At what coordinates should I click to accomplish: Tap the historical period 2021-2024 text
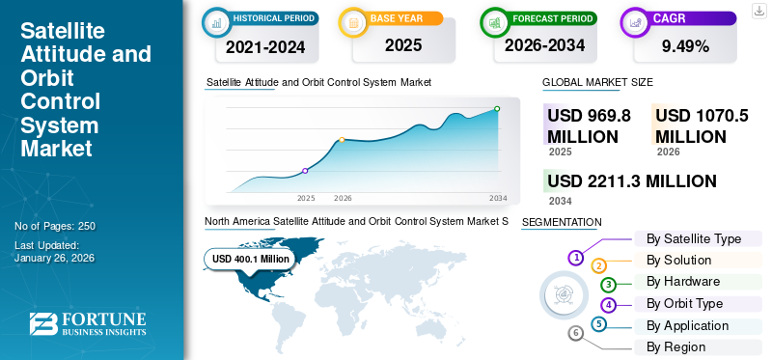coord(265,44)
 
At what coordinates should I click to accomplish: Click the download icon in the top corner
coord(758,12)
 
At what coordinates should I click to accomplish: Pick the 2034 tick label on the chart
coord(498,198)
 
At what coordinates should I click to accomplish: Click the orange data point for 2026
coord(343,140)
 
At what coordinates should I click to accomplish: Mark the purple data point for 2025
coord(306,171)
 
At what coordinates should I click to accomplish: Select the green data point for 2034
coord(497,109)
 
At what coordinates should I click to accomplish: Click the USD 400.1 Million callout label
coord(251,259)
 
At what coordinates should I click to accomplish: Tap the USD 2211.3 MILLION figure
coord(631,181)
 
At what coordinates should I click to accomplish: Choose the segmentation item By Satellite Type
coord(693,238)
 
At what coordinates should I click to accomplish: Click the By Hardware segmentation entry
coord(683,282)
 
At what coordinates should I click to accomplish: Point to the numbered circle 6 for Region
coord(576,334)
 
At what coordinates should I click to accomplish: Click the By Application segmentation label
coord(688,325)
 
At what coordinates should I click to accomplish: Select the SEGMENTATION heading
coord(561,222)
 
